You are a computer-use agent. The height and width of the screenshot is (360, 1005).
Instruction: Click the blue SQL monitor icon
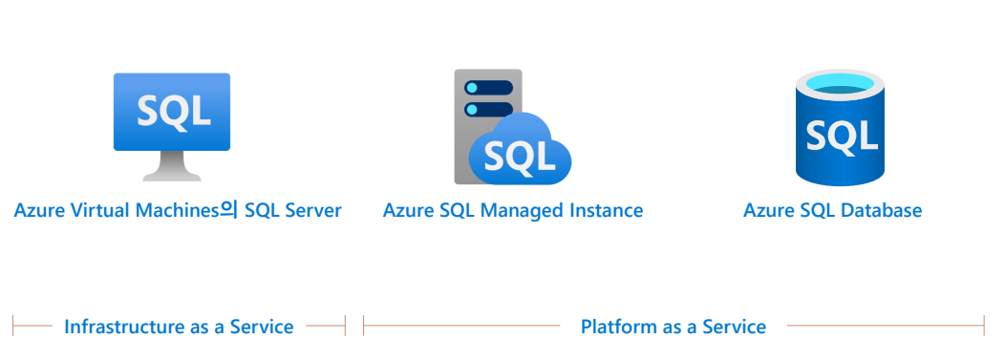pos(172,126)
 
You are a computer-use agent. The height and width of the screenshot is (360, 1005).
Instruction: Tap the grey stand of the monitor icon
pos(172,166)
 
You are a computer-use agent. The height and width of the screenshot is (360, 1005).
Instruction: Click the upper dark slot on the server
pos(488,88)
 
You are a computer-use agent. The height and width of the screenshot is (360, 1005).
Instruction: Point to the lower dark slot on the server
pos(488,110)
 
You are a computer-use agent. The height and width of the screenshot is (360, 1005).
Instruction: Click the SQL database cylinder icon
pos(841,127)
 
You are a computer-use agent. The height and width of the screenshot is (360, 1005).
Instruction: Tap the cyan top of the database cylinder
pos(841,84)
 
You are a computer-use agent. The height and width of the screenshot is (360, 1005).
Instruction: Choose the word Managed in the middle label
pos(521,210)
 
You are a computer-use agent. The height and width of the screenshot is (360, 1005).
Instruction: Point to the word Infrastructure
pos(126,327)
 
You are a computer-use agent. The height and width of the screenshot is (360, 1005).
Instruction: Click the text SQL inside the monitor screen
pos(173,110)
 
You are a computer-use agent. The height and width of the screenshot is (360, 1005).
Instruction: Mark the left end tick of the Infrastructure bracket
pos(12,326)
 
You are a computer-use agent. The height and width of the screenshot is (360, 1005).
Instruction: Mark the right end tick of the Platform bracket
pos(984,326)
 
